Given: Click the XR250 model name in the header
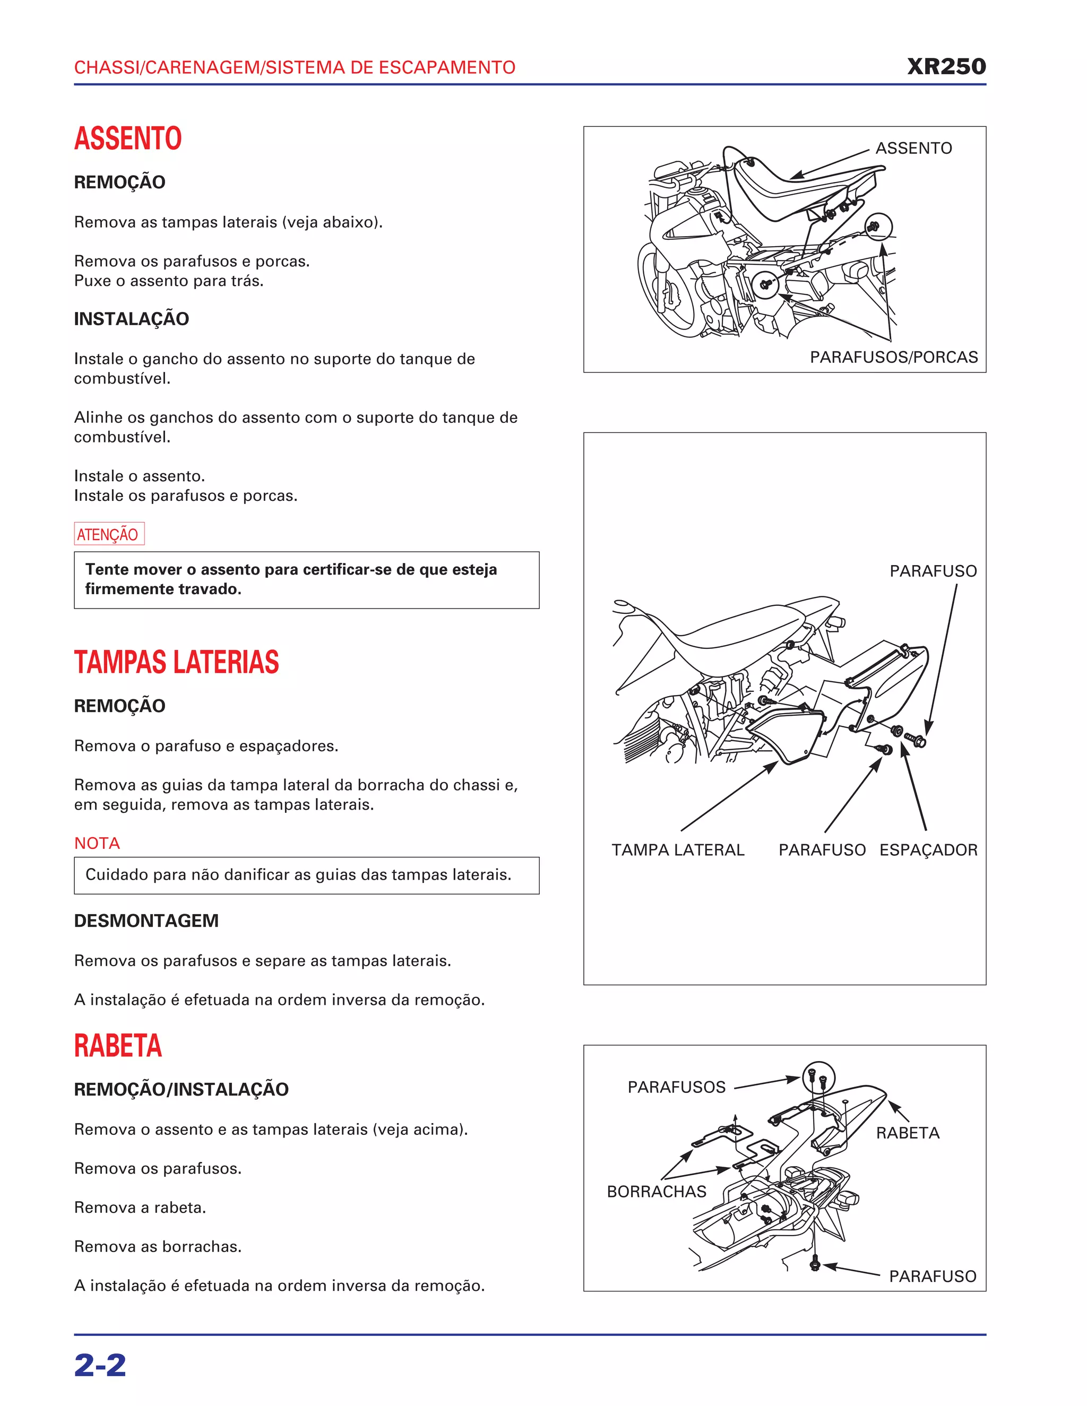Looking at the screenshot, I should [946, 66].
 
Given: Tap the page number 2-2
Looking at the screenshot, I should [100, 1366].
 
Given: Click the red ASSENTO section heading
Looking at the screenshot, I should [127, 138].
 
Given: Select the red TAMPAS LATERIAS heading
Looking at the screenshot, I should [176, 663].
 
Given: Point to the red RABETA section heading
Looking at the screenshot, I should [118, 1046].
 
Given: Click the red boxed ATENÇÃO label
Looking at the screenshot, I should [108, 534].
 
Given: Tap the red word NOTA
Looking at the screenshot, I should [97, 844].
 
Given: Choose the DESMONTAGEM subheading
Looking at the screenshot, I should [146, 921].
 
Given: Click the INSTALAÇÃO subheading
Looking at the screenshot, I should [132, 319].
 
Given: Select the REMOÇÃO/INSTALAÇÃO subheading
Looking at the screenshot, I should [181, 1089].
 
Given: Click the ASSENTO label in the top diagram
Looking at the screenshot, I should [913, 148].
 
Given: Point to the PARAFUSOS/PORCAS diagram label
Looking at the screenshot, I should [893, 357].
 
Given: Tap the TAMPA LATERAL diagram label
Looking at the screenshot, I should [677, 850].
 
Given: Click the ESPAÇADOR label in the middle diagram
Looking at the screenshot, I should [928, 850].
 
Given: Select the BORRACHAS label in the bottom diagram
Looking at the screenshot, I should [656, 1192].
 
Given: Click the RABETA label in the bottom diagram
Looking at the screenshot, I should [907, 1133].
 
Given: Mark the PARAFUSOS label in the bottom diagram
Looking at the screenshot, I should [676, 1087].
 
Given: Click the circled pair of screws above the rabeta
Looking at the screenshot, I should [818, 1077].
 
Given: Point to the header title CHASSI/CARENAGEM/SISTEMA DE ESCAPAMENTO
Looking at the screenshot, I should [294, 67].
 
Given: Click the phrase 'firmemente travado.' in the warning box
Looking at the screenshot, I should [163, 589].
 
